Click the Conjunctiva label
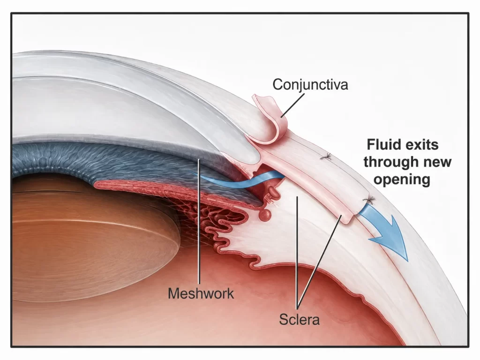[x=310, y=85]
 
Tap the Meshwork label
[x=201, y=293]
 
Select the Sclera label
[x=300, y=320]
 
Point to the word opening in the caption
[x=402, y=180]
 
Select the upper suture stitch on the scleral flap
[x=327, y=157]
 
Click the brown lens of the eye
[x=92, y=239]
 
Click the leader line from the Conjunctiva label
[x=292, y=105]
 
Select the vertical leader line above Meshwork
[x=199, y=221]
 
